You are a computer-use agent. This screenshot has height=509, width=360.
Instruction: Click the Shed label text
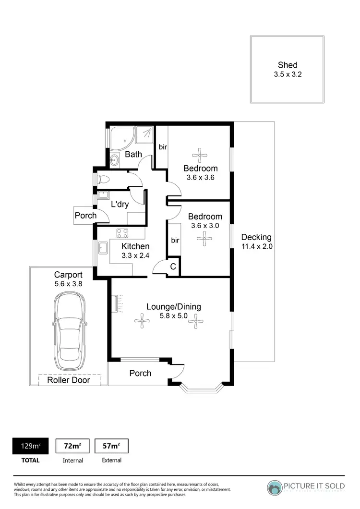[x=287, y=65]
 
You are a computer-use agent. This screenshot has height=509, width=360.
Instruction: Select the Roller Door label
[x=68, y=380]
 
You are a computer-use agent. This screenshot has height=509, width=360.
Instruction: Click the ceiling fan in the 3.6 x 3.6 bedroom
[x=200, y=155]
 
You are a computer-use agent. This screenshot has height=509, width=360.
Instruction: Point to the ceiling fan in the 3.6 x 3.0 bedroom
[x=204, y=239]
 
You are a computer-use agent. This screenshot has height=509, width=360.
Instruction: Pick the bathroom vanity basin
[x=114, y=160]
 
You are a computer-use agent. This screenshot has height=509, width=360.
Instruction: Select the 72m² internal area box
[x=72, y=446]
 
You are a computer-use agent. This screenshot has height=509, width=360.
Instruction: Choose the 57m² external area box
[x=111, y=446]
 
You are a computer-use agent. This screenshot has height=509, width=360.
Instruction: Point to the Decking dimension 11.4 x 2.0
[x=256, y=247]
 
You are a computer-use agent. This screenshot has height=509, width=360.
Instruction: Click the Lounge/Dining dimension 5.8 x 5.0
[x=174, y=316]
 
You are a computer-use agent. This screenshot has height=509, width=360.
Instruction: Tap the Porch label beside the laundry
[x=85, y=216]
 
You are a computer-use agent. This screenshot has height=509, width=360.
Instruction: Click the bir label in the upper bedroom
[x=163, y=147]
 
